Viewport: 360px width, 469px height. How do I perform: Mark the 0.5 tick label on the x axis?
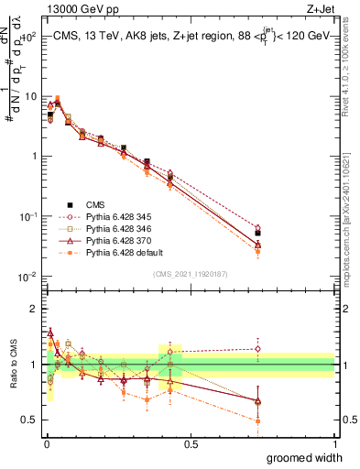(190, 442)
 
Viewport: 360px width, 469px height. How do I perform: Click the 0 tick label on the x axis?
(45, 442)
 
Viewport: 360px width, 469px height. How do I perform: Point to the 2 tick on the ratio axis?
(34, 309)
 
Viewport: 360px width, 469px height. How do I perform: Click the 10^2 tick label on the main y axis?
(27, 37)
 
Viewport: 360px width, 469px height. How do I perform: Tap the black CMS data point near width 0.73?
(257, 234)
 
